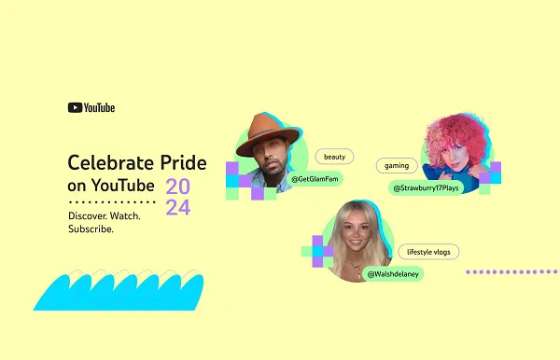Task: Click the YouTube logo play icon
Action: click(x=75, y=107)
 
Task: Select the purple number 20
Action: click(x=178, y=187)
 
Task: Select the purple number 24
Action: click(x=178, y=208)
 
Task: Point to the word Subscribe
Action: click(x=91, y=228)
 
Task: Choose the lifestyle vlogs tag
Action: click(x=428, y=252)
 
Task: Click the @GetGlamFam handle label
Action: click(x=315, y=177)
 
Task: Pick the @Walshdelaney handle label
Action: click(x=393, y=274)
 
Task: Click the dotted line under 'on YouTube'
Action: click(x=112, y=201)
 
